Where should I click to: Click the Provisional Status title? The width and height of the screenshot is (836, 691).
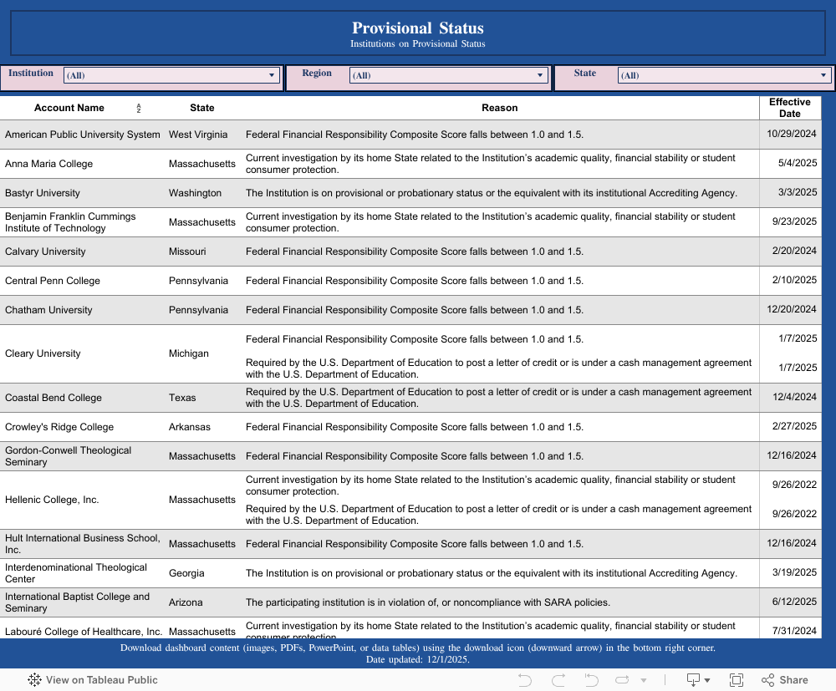417,28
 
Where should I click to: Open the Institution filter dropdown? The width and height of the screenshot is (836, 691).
171,75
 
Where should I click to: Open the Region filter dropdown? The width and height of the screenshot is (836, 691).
447,75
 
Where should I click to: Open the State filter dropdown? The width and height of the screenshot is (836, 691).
724,75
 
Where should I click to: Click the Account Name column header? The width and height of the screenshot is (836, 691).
69,108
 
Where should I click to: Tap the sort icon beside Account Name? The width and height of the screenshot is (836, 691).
139,109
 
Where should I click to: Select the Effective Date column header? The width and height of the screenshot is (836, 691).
789,108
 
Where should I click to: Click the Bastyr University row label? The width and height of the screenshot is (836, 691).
43,193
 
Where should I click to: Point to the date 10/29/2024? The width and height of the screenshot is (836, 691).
792,134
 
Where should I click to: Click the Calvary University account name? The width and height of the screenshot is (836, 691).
45,252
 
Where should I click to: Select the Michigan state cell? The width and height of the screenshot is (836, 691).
189,353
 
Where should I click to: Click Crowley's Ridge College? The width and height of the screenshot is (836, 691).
59,427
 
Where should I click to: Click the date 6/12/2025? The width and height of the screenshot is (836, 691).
794,602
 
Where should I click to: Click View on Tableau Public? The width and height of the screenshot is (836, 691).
93,680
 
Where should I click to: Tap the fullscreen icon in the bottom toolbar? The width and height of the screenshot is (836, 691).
737,680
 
